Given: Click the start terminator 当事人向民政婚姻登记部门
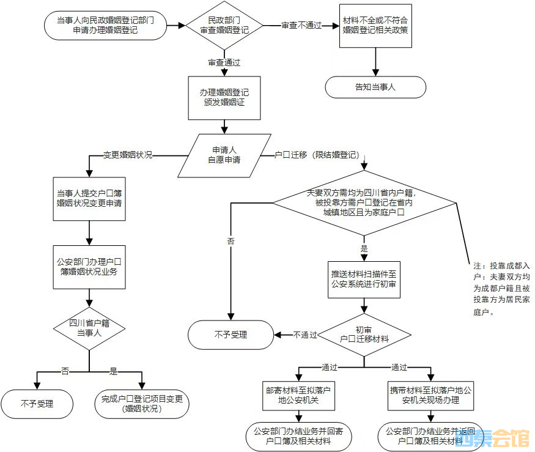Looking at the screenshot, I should pos(105,26).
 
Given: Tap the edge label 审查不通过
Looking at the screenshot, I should pos(301,26).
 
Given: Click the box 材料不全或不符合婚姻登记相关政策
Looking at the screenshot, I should pos(375,26).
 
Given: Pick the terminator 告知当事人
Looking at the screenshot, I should pos(375,87).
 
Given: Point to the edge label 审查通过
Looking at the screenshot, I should pos(224,62).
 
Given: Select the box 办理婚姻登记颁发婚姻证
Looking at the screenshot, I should pos(224,98).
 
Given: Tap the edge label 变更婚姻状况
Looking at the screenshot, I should pos(127,155).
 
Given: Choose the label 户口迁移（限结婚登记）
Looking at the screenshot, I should pos(316,155).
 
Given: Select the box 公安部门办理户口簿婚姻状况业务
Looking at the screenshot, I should pos(89,267).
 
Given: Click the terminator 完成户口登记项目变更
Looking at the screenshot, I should pos(142,404).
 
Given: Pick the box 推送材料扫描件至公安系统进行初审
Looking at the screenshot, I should pos(364,279).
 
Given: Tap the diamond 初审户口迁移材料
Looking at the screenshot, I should pos(364,334).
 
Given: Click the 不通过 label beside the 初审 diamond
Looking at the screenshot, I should pos(305,335).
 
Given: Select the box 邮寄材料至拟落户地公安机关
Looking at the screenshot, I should pos(297,396).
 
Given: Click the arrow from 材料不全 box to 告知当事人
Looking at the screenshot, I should pos(375,62).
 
